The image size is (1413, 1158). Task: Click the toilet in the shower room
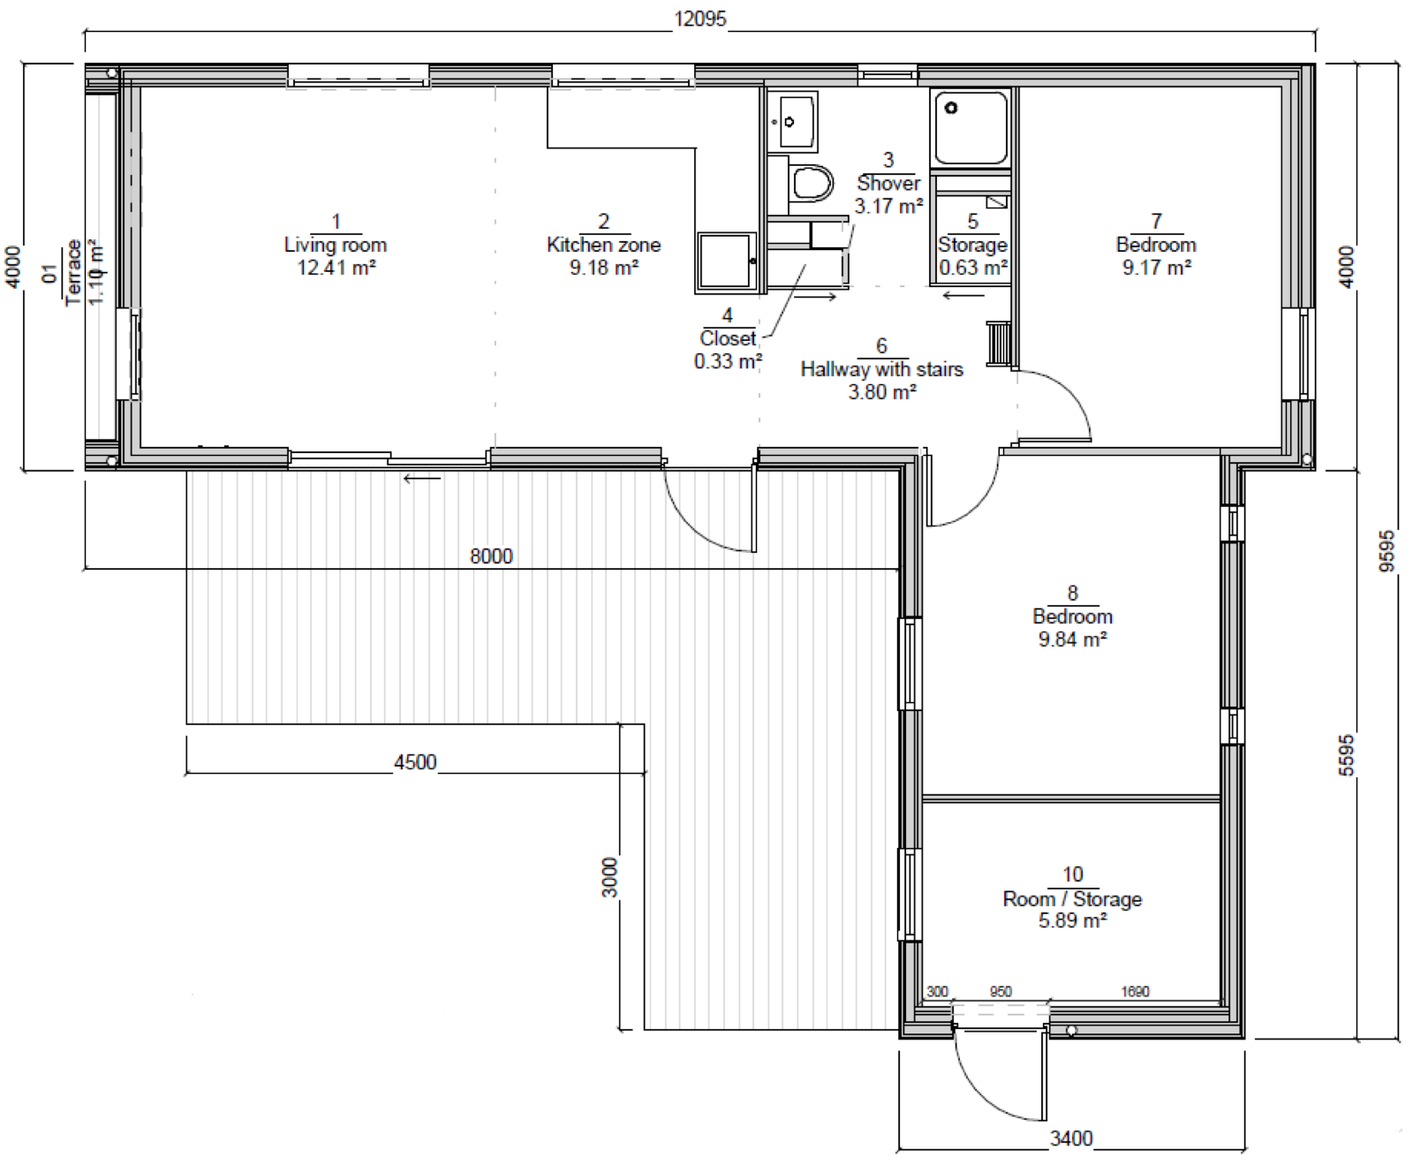(811, 182)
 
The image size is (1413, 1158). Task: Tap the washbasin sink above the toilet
(794, 122)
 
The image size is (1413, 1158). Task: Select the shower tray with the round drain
(971, 128)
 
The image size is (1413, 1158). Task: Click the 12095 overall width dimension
(699, 19)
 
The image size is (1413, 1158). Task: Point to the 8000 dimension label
(491, 556)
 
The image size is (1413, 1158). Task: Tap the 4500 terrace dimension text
(415, 762)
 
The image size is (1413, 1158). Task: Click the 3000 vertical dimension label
(609, 877)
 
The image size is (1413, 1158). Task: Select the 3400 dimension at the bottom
(1070, 1138)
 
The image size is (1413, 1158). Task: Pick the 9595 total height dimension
(1387, 551)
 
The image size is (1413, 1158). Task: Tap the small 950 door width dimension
(1001, 992)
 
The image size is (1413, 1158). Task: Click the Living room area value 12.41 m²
(336, 268)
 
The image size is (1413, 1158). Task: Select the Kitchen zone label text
(604, 245)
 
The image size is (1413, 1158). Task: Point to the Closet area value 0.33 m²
(729, 361)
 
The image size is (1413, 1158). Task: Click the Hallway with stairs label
(881, 369)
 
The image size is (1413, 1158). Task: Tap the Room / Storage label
(1072, 898)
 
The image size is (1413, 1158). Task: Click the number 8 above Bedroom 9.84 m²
(1073, 593)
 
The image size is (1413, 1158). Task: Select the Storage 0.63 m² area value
(973, 268)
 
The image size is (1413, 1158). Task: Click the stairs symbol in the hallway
(998, 344)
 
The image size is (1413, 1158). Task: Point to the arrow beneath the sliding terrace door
(422, 479)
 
